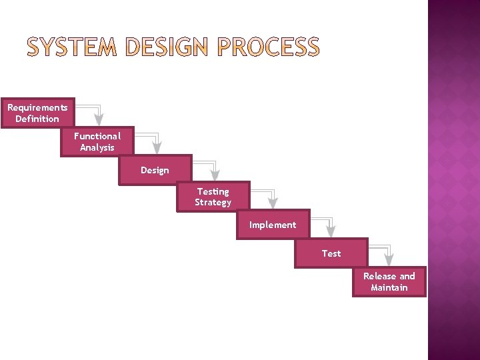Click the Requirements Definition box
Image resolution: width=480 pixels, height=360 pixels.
(37, 113)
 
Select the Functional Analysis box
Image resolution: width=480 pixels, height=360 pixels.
(97, 141)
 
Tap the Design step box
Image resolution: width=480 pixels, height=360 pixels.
(155, 170)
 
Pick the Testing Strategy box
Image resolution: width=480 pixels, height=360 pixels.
(213, 197)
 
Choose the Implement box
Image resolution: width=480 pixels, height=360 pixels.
(273, 225)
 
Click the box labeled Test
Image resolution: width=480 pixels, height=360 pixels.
(331, 253)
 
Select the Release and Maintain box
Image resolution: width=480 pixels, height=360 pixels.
(389, 281)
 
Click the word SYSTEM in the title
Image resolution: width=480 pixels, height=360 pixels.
(72, 47)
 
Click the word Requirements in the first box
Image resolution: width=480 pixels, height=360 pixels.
(37, 107)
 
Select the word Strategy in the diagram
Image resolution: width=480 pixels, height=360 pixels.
(213, 202)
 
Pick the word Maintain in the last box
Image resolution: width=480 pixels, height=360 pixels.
(389, 287)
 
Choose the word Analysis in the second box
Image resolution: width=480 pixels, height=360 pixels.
(97, 147)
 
